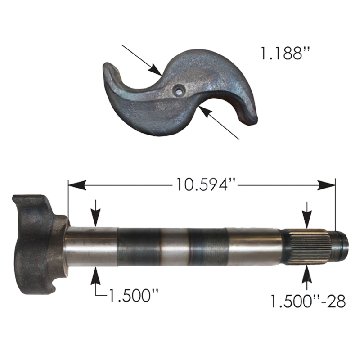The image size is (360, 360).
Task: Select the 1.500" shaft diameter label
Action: [134, 295]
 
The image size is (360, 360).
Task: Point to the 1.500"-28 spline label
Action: [308, 301]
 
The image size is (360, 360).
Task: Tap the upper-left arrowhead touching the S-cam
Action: [155, 70]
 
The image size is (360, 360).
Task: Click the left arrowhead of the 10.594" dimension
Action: [77, 185]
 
